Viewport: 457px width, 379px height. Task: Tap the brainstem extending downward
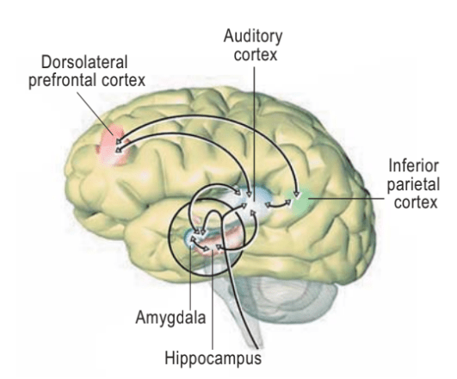point(244,301)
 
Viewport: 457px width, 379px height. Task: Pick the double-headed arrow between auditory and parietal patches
point(276,204)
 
